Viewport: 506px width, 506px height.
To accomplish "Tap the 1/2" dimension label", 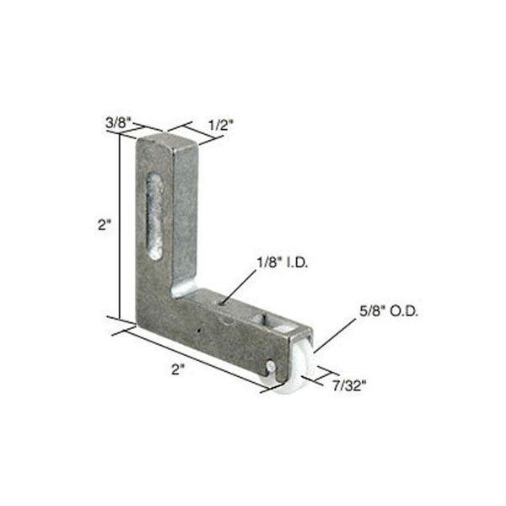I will (220, 124).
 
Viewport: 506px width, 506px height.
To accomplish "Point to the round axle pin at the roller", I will (269, 367).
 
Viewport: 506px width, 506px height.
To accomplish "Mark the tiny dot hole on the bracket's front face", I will (197, 331).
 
